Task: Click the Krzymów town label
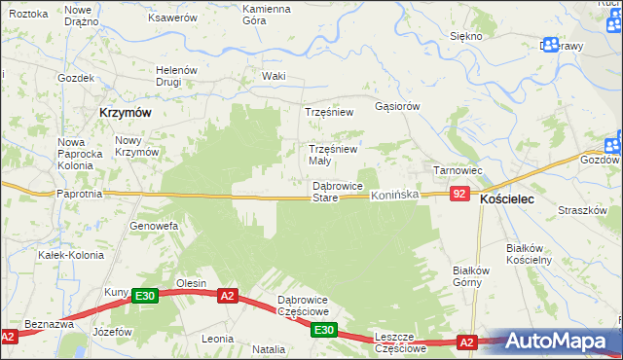coord(125,113)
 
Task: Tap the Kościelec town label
coord(514,198)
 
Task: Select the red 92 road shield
coord(460,196)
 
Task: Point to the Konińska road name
coord(394,196)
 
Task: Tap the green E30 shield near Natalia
coord(326,331)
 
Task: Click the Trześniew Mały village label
coord(333,155)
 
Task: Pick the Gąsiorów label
coord(396,106)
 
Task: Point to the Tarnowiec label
coord(458,170)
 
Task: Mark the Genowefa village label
coord(154,226)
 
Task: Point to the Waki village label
coord(274,76)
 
